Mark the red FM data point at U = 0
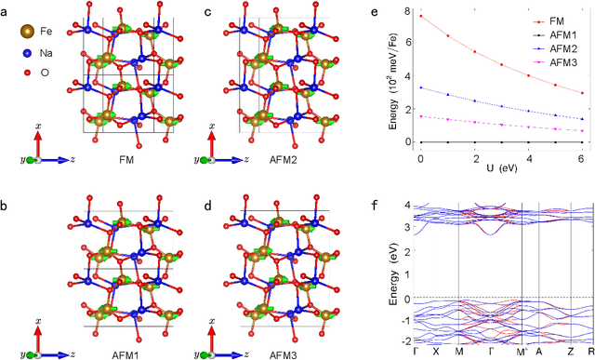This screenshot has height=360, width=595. pos(421,16)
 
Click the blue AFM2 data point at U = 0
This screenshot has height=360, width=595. pos(421,87)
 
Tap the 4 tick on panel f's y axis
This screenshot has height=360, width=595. pos(408,205)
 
